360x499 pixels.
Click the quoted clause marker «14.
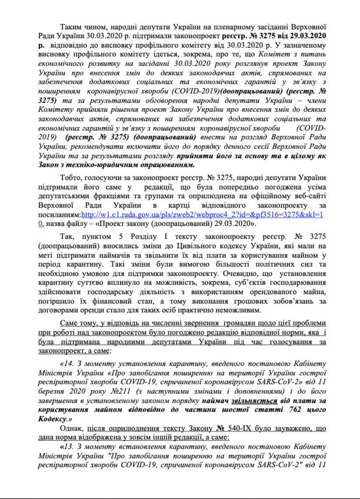coord(67,364)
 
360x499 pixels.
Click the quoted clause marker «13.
coord(67,447)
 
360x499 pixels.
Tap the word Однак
coord(72,428)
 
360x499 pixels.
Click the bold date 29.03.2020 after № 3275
coord(307,36)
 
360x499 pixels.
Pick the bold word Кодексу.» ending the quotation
coord(55,419)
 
